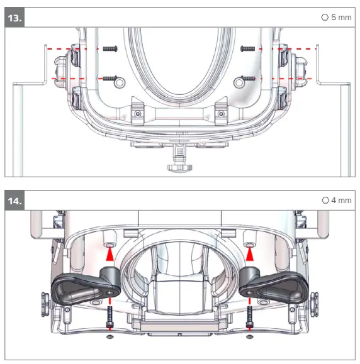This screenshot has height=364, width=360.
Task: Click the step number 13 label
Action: (14, 18)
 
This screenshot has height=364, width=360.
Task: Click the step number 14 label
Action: (14, 201)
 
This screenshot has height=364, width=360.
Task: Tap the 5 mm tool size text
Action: (341, 18)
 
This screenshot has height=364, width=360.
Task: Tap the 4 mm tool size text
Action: (341, 201)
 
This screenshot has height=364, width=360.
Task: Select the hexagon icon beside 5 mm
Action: (325, 17)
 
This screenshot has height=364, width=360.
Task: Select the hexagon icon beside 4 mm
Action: (325, 200)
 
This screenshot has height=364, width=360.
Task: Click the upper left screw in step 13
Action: (110, 49)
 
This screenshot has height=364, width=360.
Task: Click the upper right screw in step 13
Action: (248, 49)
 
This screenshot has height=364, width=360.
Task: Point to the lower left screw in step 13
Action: (110, 78)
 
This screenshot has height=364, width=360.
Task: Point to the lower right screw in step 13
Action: (248, 79)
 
